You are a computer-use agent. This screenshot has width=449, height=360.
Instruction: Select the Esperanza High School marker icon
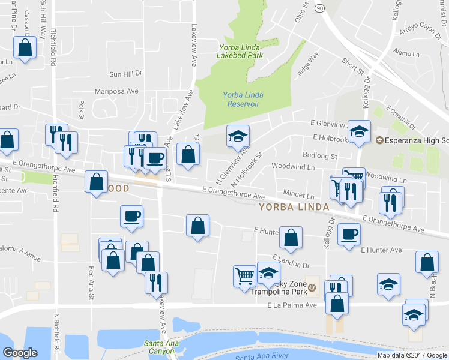point(379,140)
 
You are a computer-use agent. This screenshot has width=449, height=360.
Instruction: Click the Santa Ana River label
point(259,356)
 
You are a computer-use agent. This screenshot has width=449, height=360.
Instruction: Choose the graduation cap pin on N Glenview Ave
point(238,136)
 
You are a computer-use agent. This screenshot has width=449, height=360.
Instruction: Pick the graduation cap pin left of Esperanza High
point(360,132)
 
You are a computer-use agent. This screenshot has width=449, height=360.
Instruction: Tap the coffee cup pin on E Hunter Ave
point(349,234)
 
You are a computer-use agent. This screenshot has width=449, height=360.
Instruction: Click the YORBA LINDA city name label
point(294,207)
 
